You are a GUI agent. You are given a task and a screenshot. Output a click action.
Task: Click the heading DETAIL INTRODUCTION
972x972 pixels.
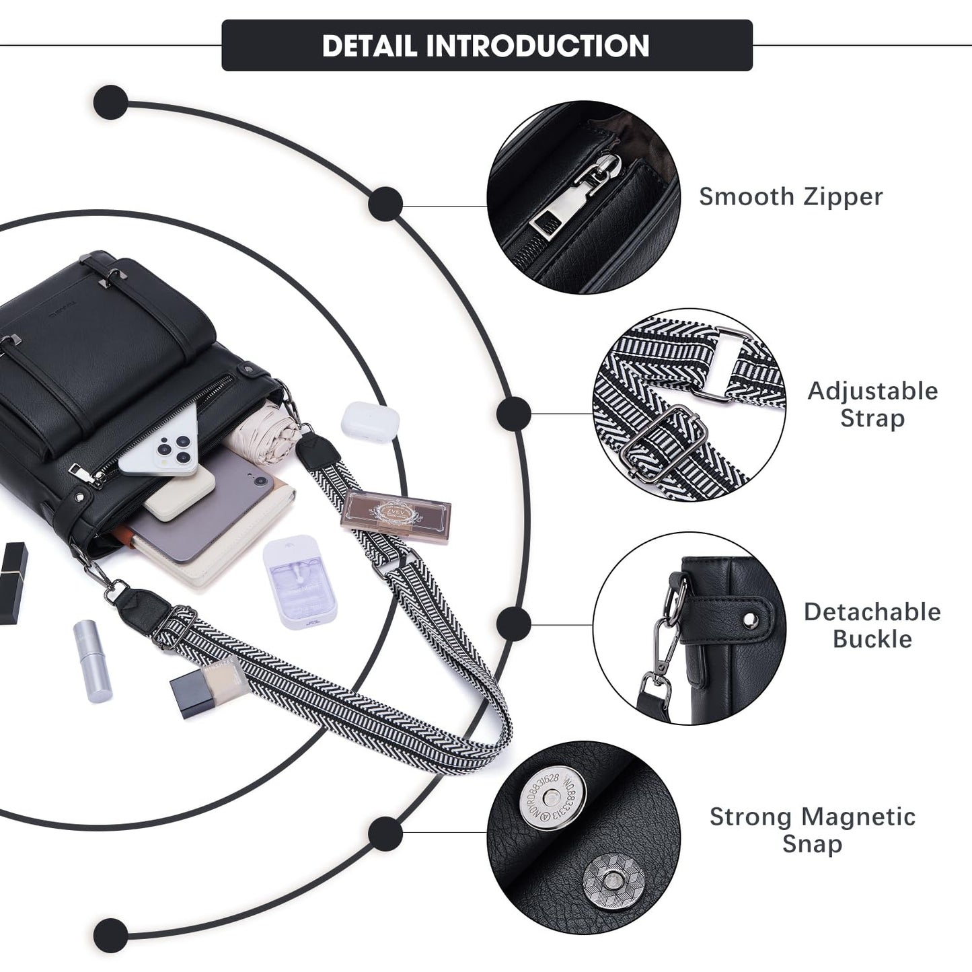486,46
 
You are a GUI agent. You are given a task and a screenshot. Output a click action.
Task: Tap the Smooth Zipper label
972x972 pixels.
790,196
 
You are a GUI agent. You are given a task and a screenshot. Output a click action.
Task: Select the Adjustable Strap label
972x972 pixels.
872,404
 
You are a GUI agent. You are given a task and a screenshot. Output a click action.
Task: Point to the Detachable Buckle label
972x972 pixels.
872,625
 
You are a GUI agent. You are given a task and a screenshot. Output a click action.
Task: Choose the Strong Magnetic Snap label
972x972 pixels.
812,829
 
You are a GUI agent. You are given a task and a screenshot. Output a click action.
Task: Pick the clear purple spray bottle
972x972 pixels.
300,582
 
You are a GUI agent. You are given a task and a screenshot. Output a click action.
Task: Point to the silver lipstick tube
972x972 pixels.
92,661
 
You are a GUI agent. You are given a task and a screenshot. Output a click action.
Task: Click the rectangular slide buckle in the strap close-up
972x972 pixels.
663,442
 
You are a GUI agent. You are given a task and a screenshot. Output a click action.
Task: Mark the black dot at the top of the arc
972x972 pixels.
111,102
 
